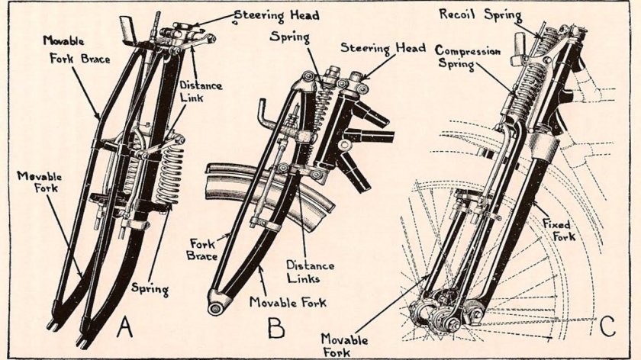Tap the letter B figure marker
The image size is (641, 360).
(x=277, y=328)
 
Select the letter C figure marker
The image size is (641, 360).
(x=607, y=326)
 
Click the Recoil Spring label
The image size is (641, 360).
(x=482, y=14)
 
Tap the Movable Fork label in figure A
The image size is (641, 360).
(x=38, y=184)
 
